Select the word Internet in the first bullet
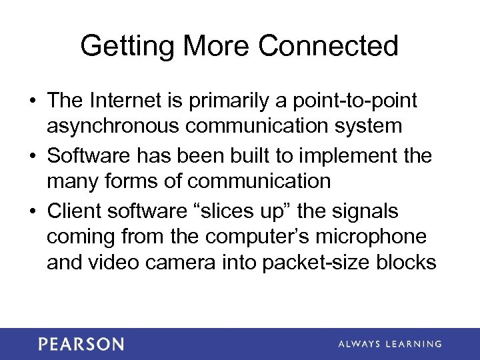[x=130, y=101]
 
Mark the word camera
[x=202, y=263]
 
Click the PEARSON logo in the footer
[x=81, y=344]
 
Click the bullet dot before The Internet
[x=32, y=101]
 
